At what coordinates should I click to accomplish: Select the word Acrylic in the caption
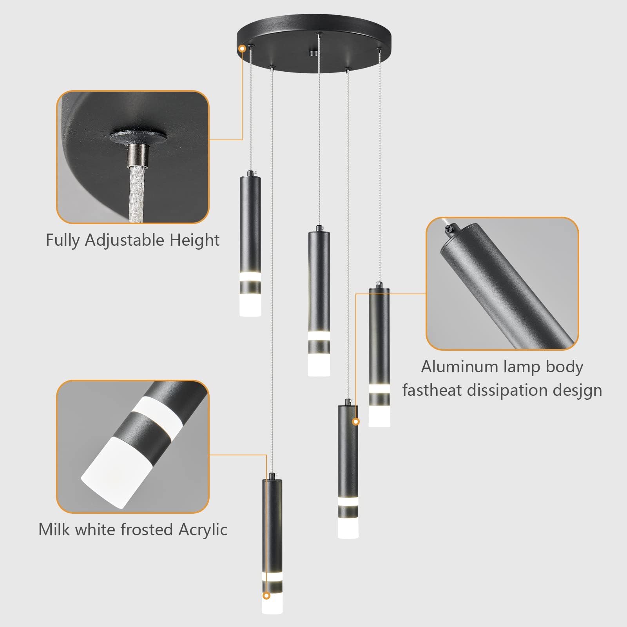click(x=203, y=530)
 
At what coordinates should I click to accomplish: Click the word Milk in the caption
click(x=54, y=530)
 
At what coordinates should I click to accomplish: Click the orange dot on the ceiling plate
click(x=242, y=49)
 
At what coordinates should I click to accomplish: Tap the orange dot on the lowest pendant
click(x=266, y=607)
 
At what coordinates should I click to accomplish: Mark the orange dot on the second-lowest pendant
click(x=356, y=422)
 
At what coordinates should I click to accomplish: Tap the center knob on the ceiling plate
click(x=313, y=53)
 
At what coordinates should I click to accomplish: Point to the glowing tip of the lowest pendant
click(x=272, y=616)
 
